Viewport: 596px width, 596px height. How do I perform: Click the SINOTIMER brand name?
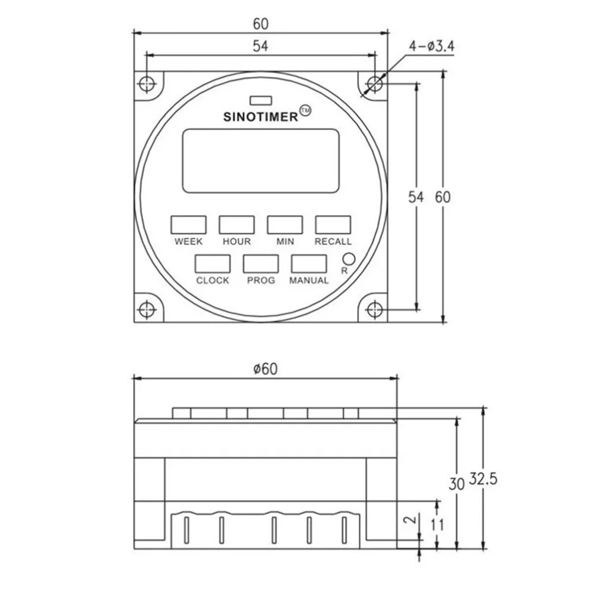point(260,117)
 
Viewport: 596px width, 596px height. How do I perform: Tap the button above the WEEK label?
point(188,225)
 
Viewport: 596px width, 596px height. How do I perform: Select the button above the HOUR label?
point(237,225)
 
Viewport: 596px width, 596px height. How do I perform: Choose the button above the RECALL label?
point(333,225)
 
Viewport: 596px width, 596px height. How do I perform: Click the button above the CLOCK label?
point(213,264)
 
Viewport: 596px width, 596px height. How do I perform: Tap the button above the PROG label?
point(260,264)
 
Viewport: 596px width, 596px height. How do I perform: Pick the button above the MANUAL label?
point(309,264)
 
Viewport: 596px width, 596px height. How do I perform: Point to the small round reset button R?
point(348,259)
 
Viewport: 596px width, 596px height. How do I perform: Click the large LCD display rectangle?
point(260,161)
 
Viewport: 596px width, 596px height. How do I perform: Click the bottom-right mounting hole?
point(374,310)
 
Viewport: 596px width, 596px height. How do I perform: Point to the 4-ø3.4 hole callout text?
point(433,46)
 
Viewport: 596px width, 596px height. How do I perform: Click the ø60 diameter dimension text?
point(265,370)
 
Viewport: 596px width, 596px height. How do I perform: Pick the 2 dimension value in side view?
point(409,520)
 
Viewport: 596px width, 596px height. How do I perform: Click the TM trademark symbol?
point(305,111)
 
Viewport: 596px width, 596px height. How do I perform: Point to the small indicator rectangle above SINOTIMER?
point(260,100)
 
